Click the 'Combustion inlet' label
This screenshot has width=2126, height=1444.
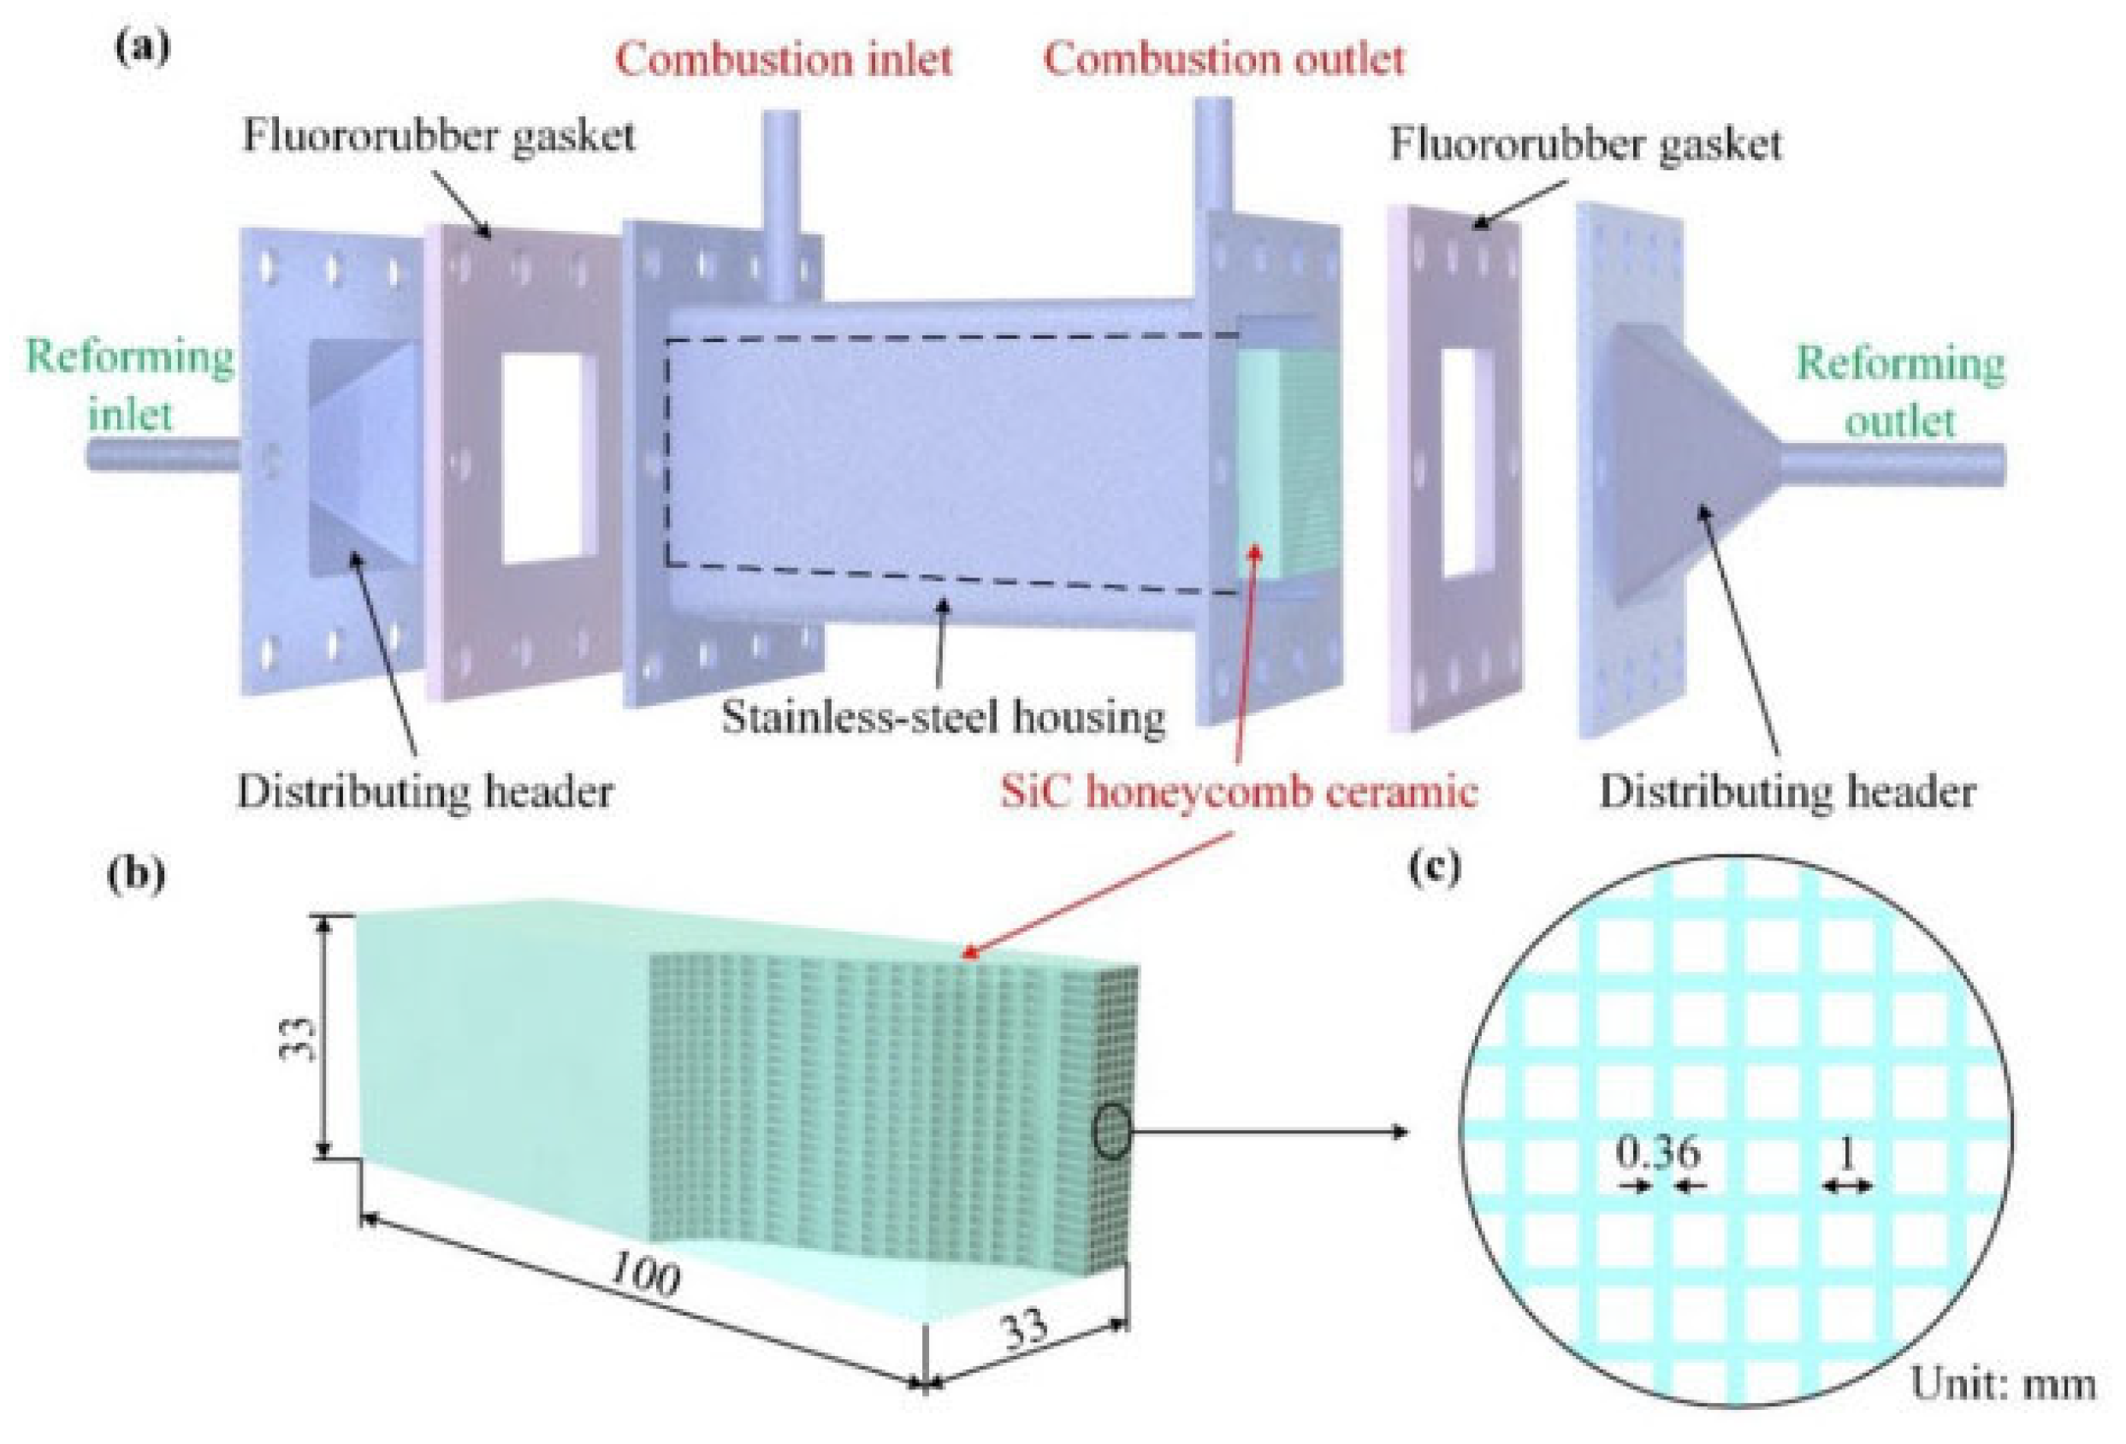[x=783, y=61]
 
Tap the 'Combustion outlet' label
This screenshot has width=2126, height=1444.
[x=1224, y=61]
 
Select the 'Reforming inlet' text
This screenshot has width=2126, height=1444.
[x=130, y=386]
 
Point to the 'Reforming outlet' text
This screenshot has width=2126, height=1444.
[x=1901, y=394]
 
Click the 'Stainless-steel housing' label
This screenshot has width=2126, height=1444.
[x=943, y=717]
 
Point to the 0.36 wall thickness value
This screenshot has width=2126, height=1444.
[x=1658, y=1153]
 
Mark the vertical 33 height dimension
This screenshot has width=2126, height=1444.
[x=305, y=1036]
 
